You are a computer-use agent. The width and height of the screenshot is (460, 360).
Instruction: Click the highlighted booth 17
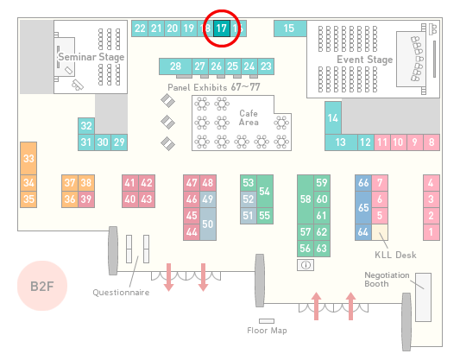click(222, 28)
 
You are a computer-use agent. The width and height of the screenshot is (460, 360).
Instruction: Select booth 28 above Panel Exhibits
click(175, 66)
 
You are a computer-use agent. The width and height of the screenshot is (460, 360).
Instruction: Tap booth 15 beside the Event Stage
click(290, 28)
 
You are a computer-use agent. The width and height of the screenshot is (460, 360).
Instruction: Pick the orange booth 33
click(28, 159)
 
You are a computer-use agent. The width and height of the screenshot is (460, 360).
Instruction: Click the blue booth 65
click(363, 207)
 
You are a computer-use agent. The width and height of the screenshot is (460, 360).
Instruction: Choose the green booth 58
click(306, 199)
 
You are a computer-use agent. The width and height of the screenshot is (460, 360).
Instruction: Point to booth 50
click(208, 224)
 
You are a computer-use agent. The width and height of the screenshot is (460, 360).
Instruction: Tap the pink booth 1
click(432, 232)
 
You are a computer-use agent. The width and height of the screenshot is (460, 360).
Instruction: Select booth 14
click(333, 118)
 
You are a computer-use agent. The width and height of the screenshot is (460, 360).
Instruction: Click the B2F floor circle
click(42, 286)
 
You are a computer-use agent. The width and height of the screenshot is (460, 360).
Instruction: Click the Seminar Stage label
click(91, 57)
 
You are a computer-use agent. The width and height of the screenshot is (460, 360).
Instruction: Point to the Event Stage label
click(365, 60)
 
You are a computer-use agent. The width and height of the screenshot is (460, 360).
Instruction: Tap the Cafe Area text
click(249, 117)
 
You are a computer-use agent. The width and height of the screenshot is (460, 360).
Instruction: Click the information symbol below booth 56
click(306, 265)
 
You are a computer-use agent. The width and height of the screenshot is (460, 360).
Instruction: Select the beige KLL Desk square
click(380, 232)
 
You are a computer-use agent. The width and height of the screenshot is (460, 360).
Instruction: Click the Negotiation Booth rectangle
click(424, 297)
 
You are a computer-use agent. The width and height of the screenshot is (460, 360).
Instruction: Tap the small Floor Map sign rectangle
click(267, 321)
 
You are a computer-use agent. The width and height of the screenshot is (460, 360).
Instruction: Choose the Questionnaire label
click(121, 293)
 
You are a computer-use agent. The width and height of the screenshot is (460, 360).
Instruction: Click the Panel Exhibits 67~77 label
click(214, 87)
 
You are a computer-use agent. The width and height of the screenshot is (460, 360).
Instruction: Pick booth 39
click(86, 199)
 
